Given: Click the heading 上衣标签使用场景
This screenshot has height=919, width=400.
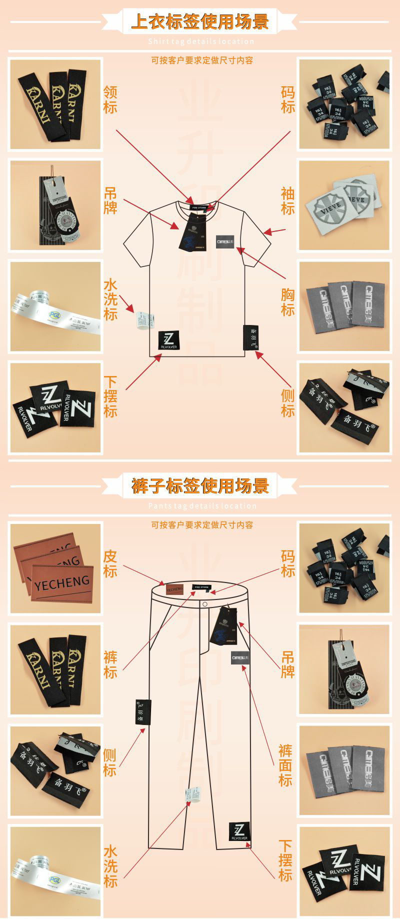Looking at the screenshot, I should (x=200, y=21).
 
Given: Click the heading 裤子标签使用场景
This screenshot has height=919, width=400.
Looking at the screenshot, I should (x=200, y=485).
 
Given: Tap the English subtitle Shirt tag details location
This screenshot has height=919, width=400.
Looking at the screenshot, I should (x=201, y=41).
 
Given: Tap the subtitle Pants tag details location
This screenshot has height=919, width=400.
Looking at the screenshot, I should (x=202, y=506).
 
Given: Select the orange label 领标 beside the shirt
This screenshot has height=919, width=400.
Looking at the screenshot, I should (x=110, y=99).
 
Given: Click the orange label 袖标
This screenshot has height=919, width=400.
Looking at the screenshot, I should (x=287, y=201).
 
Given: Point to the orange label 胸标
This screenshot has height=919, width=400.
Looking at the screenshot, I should (x=287, y=302).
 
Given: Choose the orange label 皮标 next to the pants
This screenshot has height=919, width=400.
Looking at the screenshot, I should (x=110, y=563).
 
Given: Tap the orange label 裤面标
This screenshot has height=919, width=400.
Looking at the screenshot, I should (x=285, y=765).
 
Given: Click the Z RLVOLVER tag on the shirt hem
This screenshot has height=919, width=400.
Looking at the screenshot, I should (x=168, y=340).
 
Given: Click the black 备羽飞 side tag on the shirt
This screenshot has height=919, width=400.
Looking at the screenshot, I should (x=250, y=338).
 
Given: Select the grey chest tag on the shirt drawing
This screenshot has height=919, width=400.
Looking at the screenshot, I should (x=225, y=241).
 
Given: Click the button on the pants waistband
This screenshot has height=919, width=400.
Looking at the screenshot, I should (x=205, y=604).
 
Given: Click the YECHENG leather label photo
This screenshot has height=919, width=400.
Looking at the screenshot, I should (x=55, y=567).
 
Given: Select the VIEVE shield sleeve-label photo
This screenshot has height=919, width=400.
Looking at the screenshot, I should (x=343, y=205).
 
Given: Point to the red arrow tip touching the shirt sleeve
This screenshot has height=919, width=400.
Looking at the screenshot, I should (x=265, y=232).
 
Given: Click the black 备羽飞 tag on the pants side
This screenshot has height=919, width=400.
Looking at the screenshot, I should (x=143, y=712).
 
